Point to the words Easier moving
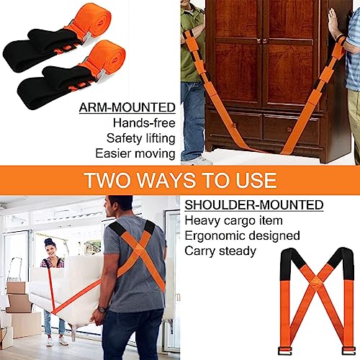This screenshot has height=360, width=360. [135, 153]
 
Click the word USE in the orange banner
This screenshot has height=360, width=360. [253, 180]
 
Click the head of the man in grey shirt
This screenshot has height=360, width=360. [120, 209]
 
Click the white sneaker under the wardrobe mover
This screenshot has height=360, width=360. [194, 160]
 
